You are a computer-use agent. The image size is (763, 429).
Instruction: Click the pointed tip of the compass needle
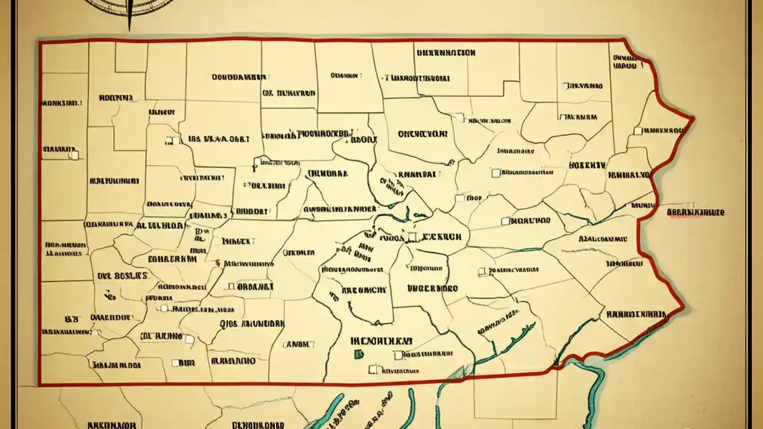point(129,30)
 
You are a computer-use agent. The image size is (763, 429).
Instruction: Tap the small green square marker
point(358,355)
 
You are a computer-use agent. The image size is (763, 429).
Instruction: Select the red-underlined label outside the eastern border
point(695,212)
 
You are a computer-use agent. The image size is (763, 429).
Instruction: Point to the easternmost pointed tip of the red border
point(694,119)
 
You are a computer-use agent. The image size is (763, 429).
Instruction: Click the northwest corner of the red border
point(40,42)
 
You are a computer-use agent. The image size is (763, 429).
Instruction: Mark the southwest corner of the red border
point(39,384)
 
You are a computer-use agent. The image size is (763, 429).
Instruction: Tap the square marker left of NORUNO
point(505,220)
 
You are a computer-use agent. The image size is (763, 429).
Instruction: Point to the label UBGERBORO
point(433,288)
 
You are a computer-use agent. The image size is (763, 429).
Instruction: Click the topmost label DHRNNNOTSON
point(446,52)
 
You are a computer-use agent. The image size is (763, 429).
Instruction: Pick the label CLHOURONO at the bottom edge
point(259,425)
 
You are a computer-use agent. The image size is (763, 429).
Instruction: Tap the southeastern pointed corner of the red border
point(683,307)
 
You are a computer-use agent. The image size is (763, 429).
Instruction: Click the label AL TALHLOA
point(160,226)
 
